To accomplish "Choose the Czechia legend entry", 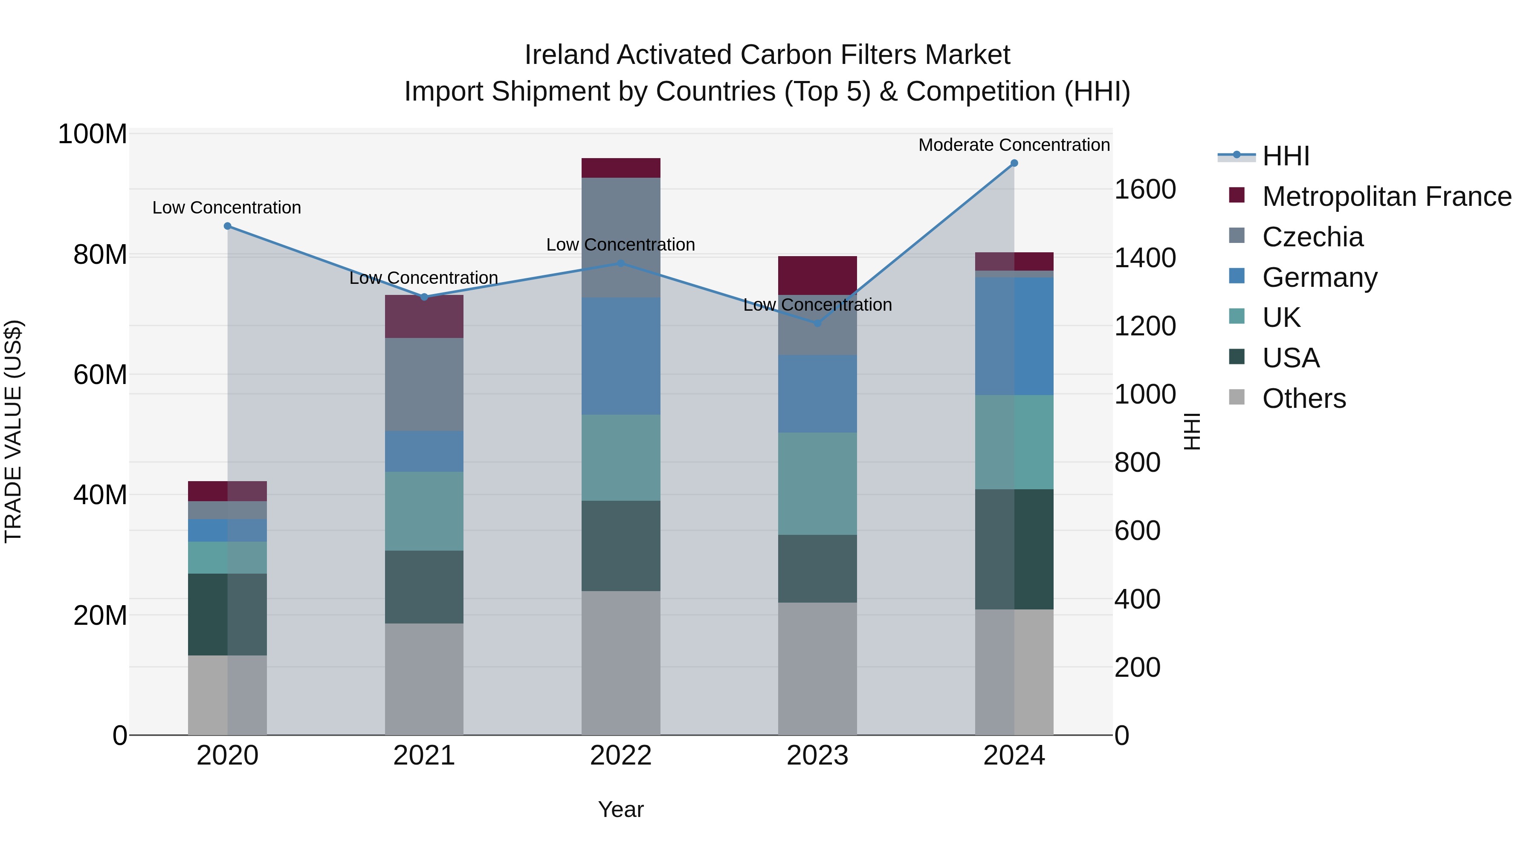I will [1312, 237].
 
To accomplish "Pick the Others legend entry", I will [1304, 398].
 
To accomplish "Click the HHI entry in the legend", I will [1285, 156].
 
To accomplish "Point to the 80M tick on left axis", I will [100, 255].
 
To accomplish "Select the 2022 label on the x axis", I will [620, 756].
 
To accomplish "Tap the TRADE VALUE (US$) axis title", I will [13, 431].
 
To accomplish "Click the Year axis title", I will [620, 809].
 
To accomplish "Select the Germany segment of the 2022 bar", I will [620, 356].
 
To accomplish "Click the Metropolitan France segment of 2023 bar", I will [817, 276].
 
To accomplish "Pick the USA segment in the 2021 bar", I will [424, 587].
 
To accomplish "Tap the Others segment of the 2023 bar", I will [817, 668].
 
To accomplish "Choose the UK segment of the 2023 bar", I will [817, 484].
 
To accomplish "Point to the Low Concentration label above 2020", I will [226, 208].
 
